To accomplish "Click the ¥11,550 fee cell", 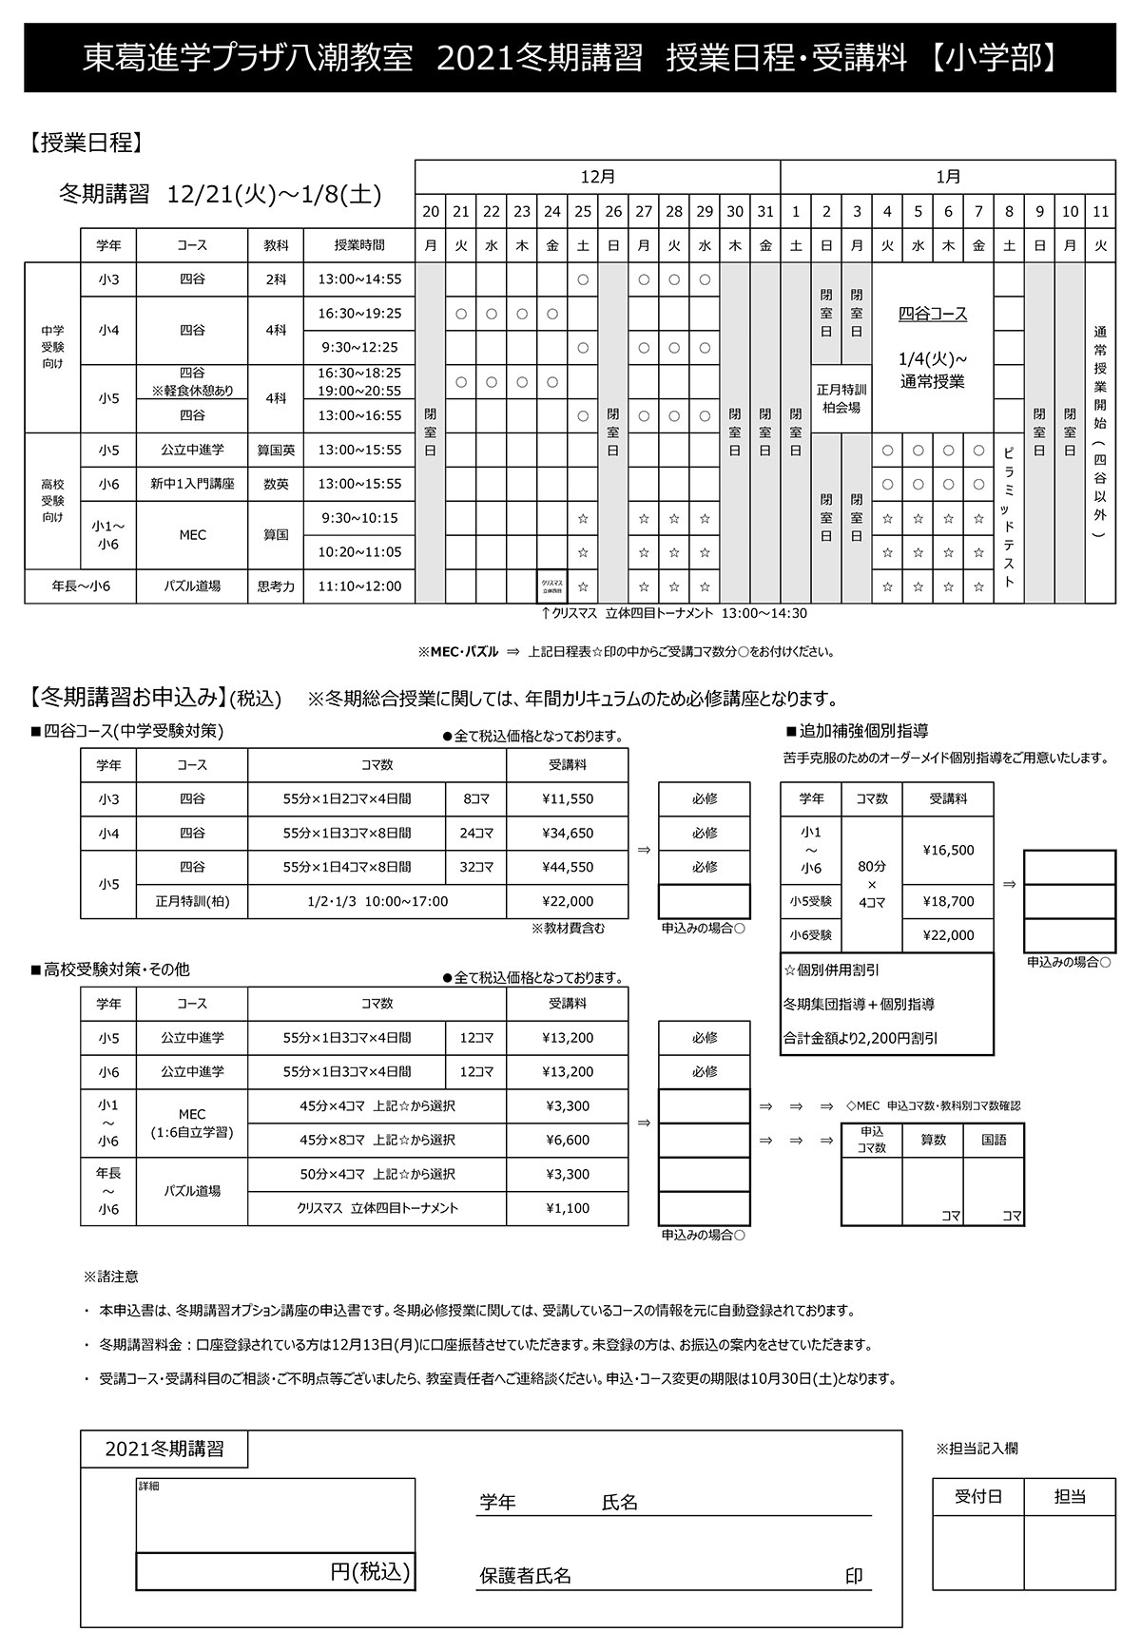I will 567,799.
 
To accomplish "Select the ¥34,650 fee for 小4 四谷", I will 567,834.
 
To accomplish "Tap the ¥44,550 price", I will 567,867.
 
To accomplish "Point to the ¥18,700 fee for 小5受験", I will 948,901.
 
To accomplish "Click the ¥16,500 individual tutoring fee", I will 948,851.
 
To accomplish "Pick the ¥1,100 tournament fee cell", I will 567,1208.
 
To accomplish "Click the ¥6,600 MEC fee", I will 567,1140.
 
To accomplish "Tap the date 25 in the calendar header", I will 583,212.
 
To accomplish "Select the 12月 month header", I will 597,177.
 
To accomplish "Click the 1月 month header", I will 947,177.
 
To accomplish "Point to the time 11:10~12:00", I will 359,586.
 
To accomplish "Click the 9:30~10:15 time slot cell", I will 359,518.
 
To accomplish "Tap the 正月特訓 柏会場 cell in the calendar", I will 841,398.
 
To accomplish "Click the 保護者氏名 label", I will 525,1576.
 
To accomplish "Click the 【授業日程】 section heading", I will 87,144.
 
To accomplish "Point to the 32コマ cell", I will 475,867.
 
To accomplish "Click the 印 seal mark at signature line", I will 853,1576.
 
